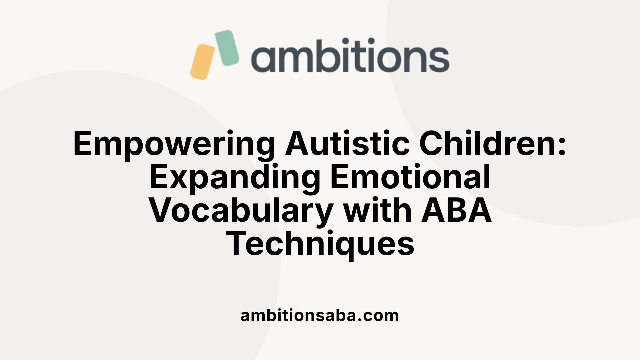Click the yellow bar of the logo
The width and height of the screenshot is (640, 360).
point(202,62)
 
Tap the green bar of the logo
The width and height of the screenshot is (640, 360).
point(227,48)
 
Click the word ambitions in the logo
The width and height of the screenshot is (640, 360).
point(350,55)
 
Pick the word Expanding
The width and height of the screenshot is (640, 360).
point(235,177)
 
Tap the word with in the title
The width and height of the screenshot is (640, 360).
point(378,210)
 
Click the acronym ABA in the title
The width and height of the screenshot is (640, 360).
point(457,210)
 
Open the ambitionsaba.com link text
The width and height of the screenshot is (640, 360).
point(319,315)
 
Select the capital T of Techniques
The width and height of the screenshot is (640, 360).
point(237,243)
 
